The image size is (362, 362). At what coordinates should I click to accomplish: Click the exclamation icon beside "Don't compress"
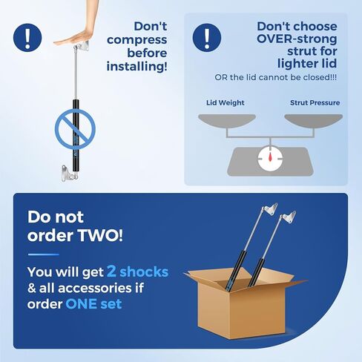click(27, 38)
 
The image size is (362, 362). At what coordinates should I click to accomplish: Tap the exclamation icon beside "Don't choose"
click(207, 38)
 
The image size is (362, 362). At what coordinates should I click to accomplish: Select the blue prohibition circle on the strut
click(75, 129)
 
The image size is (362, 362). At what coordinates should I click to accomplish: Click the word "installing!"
click(137, 66)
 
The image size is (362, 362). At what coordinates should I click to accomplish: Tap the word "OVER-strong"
click(297, 39)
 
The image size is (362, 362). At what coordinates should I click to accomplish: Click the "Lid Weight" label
click(226, 102)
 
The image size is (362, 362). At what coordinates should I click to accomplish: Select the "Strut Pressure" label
click(315, 102)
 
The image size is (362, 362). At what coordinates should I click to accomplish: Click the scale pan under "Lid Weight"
click(227, 120)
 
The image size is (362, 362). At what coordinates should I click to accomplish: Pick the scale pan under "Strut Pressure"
click(314, 120)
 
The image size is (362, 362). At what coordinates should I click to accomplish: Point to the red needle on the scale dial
click(270, 155)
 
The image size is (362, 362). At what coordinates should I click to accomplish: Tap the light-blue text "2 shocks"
click(137, 271)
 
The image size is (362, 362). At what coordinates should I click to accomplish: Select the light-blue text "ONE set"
click(93, 304)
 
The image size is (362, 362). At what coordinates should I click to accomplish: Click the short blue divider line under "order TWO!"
click(44, 254)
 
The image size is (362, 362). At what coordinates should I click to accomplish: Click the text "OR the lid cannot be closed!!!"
click(275, 77)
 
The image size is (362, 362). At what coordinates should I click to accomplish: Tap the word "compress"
click(137, 40)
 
